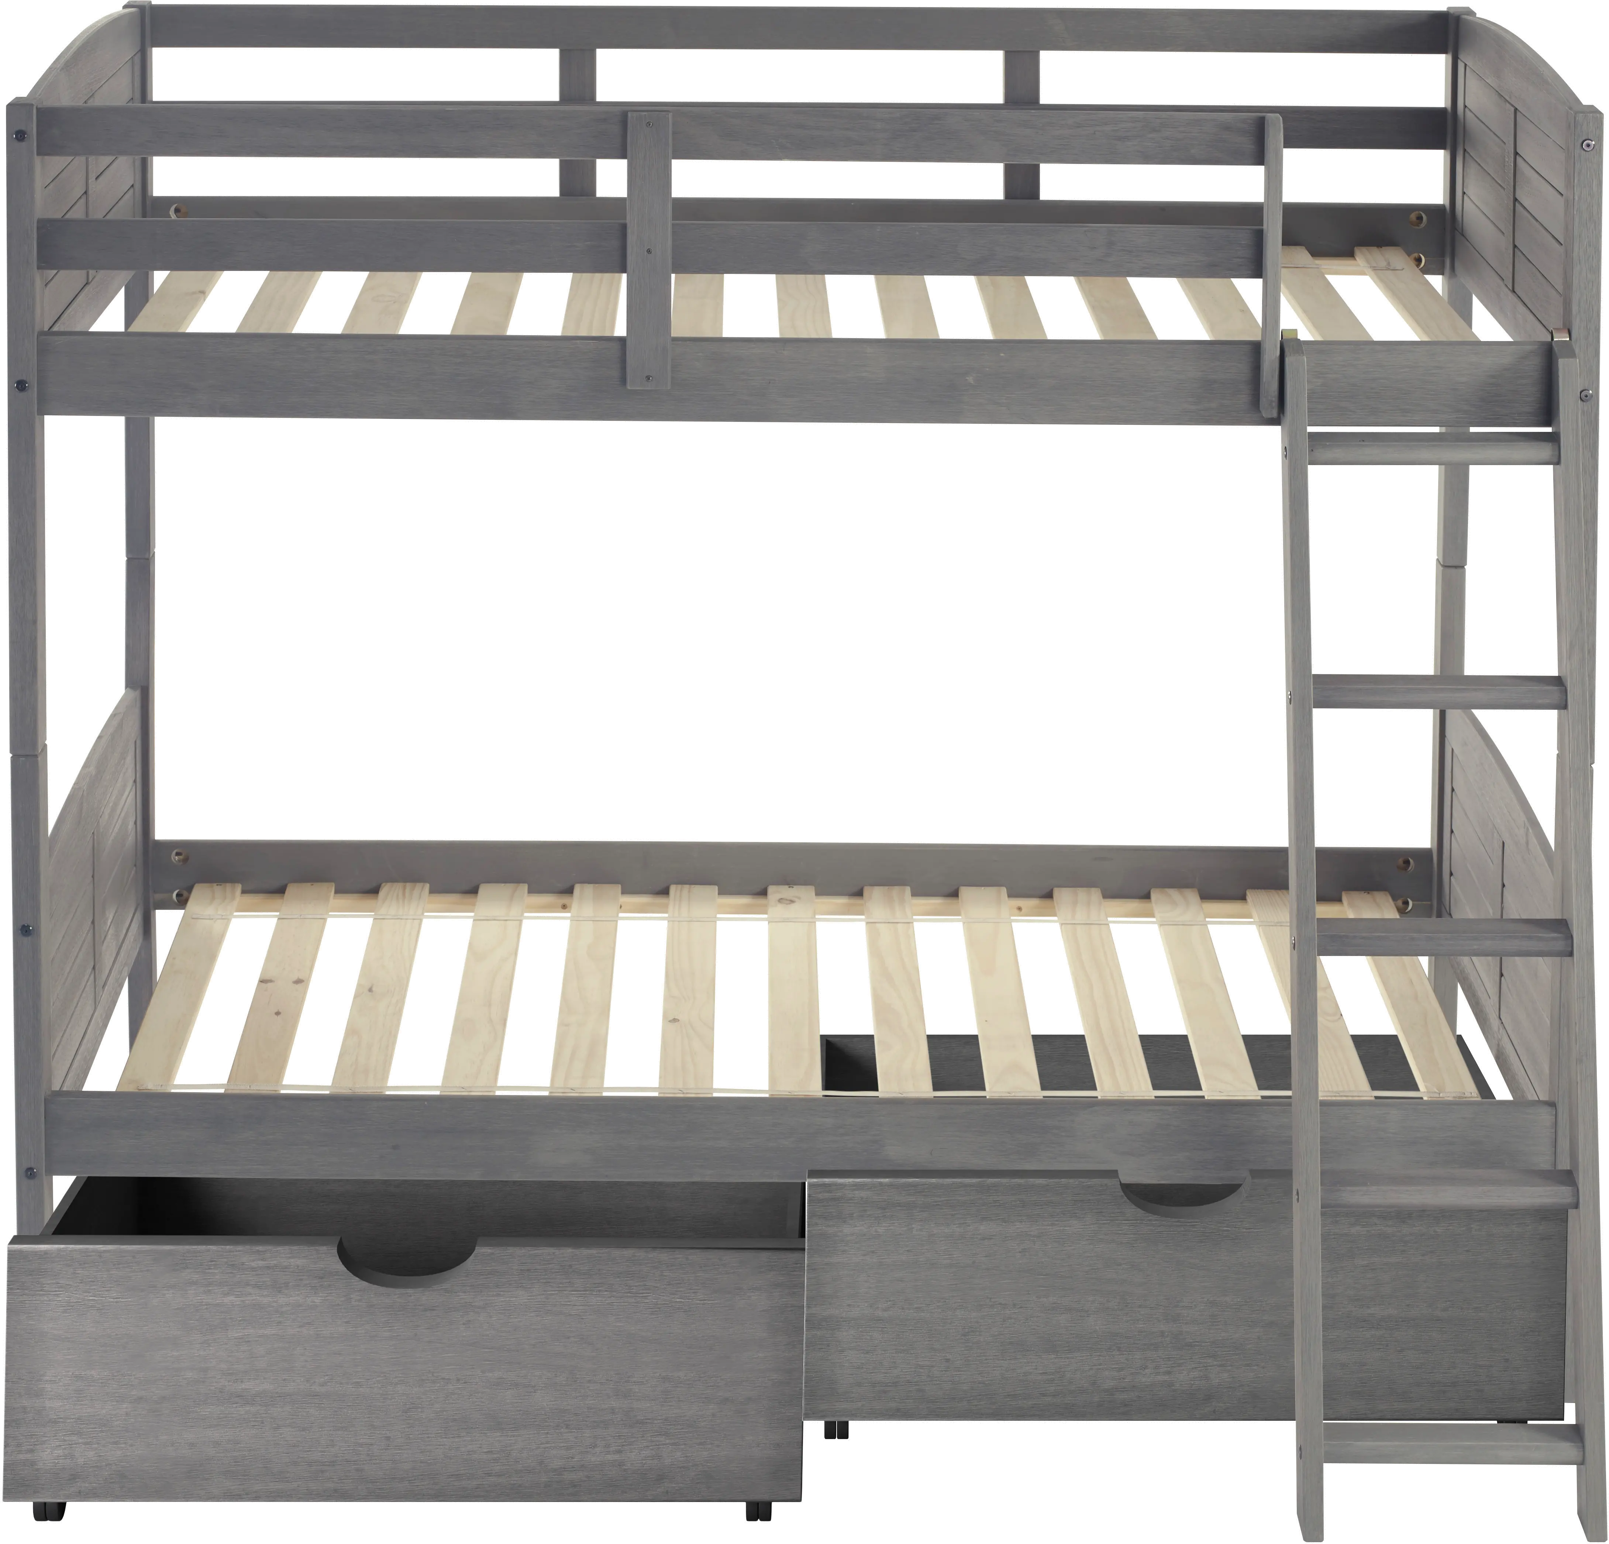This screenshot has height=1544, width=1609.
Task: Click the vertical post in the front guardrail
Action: tap(648, 251)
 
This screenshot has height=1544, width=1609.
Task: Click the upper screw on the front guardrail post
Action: tap(650, 125)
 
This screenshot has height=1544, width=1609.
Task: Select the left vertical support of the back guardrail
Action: tap(577, 123)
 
